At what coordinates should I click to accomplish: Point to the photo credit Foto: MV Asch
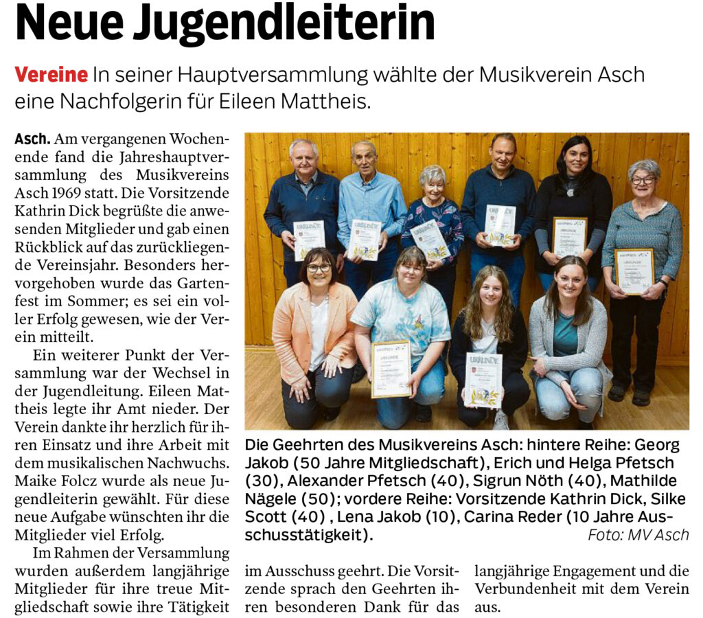point(638,535)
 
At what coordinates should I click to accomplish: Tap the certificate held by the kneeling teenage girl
point(483,380)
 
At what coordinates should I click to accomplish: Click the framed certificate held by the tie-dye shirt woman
point(391,369)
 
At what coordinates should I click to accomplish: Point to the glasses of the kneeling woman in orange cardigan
point(319,268)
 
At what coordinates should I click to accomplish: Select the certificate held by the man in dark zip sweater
point(308,239)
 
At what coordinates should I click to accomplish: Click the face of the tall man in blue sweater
point(503,153)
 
